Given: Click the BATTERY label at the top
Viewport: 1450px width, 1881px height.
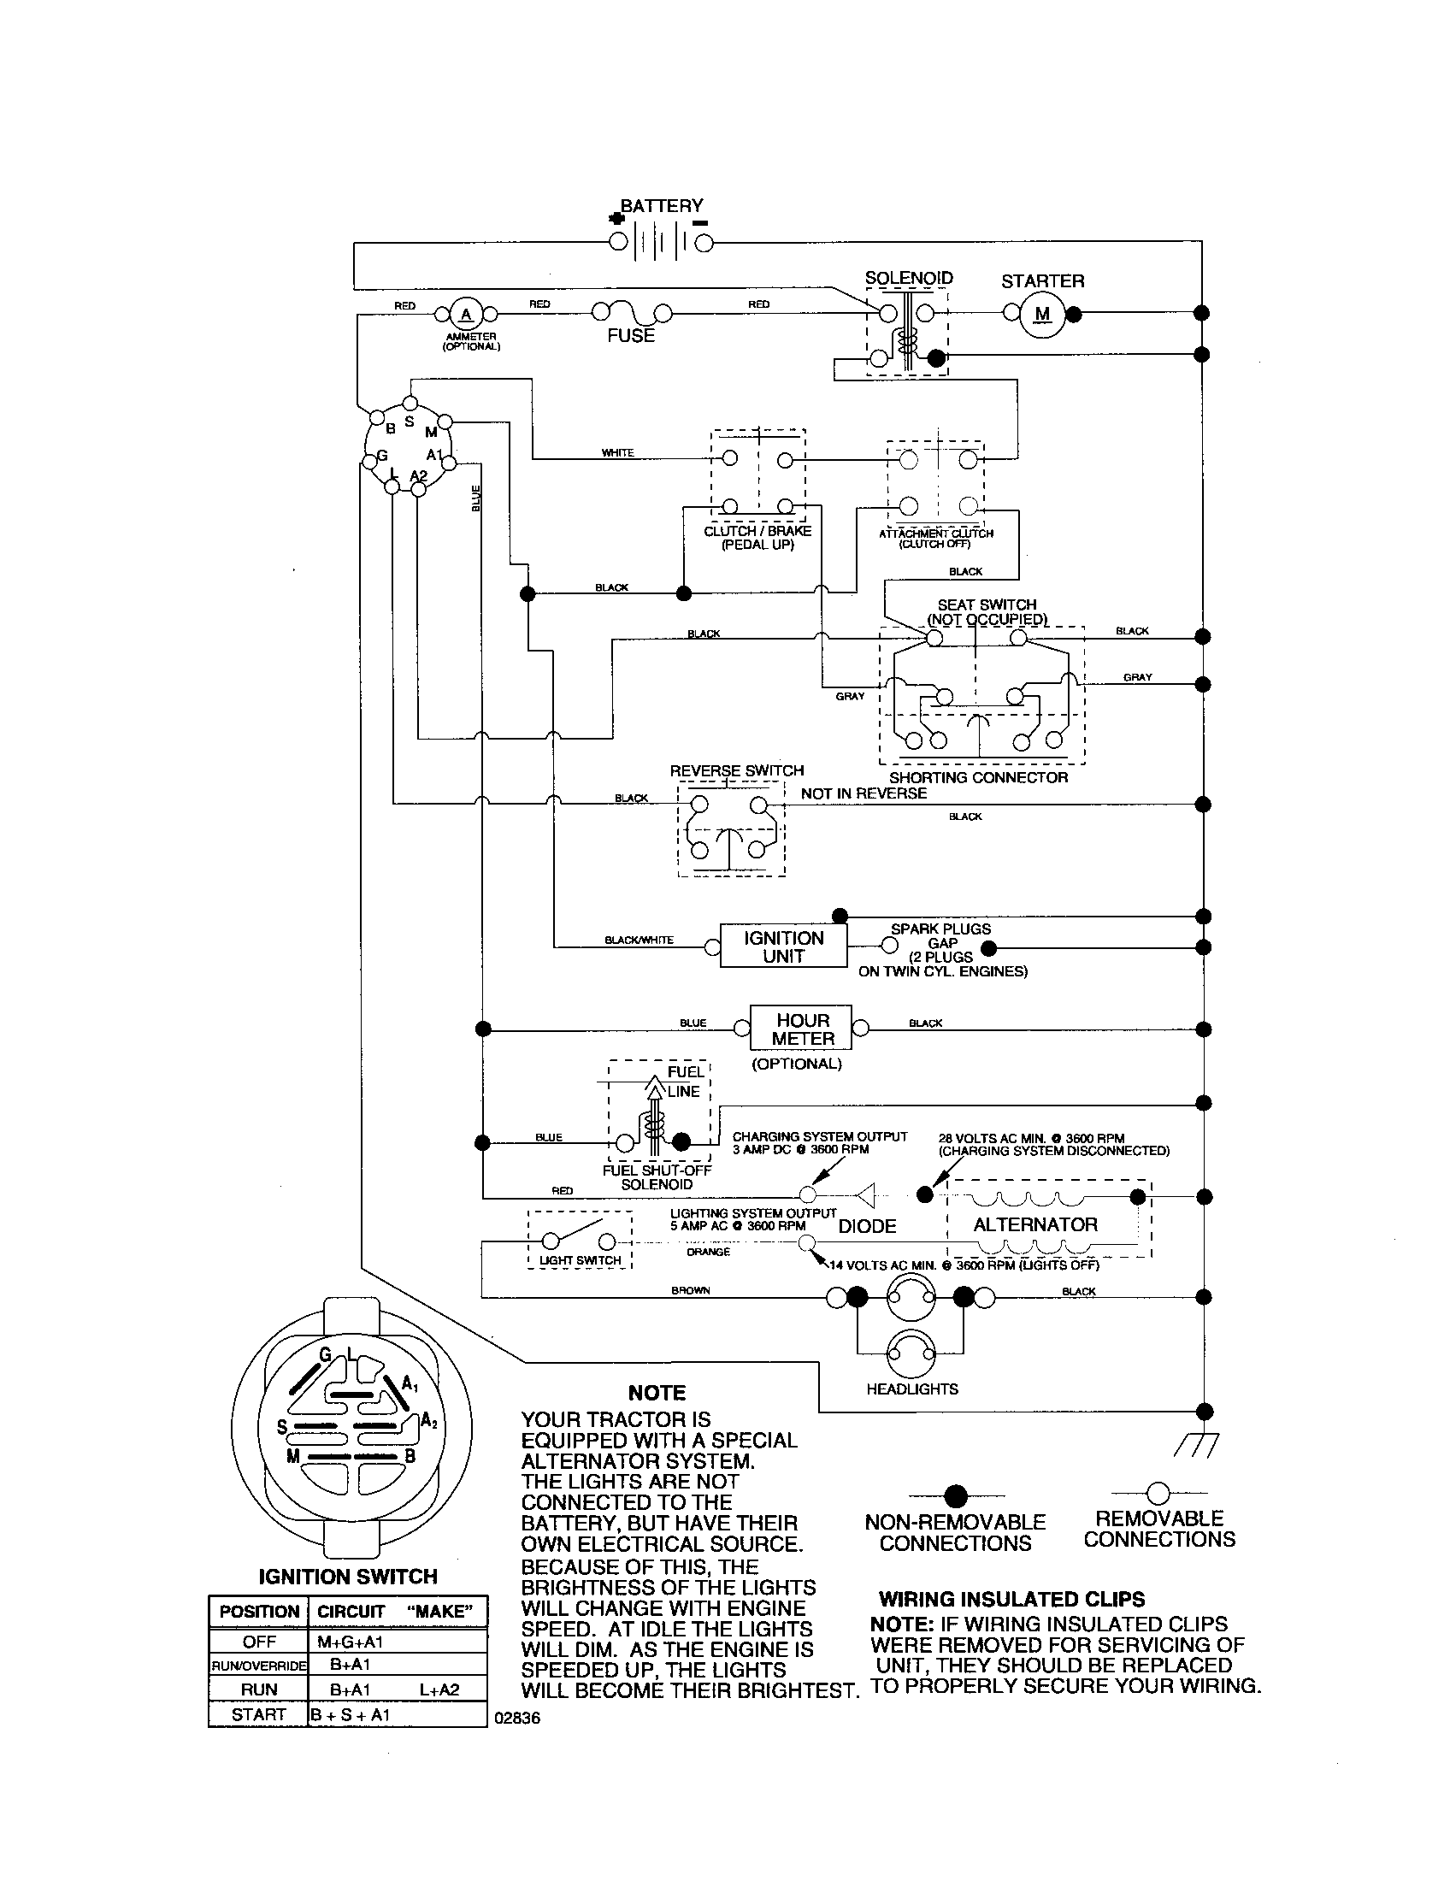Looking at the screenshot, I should (x=661, y=205).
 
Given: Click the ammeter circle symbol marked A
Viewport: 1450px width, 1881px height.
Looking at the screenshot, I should (x=467, y=315).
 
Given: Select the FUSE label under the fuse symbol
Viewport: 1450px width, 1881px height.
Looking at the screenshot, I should (x=631, y=336).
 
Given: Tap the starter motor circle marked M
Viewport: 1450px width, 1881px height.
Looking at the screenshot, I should (x=1043, y=315).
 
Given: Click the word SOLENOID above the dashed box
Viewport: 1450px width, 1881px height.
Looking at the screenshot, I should (x=909, y=278).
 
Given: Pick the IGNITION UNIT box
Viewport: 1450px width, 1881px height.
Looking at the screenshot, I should (x=783, y=947).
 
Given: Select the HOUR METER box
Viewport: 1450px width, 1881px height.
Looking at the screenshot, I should (x=802, y=1029).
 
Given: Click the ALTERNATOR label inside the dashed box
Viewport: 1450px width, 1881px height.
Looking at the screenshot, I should (x=1035, y=1224).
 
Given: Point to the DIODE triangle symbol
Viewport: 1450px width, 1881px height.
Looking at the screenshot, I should (x=866, y=1195).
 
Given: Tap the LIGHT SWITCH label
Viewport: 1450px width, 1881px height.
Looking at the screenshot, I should (x=580, y=1260).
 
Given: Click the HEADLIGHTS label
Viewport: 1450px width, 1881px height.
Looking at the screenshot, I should (x=912, y=1389).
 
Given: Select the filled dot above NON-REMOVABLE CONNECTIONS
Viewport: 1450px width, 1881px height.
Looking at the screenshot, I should (x=956, y=1495).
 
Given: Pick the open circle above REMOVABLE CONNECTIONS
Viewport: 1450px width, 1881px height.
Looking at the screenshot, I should (x=1159, y=1493).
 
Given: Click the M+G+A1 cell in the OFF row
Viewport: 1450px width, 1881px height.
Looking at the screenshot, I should (x=350, y=1642).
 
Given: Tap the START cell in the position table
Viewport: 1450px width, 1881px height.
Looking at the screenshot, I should (x=258, y=1714).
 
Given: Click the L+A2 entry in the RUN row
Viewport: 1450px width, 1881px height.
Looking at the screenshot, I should (x=439, y=1689).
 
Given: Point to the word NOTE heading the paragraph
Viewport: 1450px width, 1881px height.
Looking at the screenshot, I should (x=656, y=1394).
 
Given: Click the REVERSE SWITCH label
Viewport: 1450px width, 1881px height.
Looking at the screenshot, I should (x=736, y=771).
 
